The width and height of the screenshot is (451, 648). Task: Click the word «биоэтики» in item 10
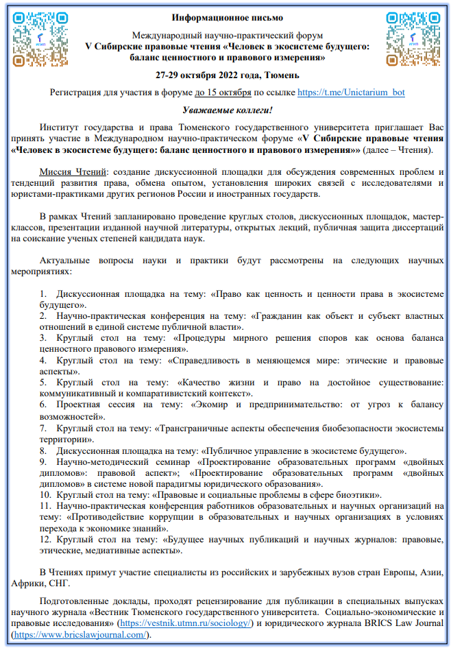(361, 494)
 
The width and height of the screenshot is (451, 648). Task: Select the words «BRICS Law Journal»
(398, 623)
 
